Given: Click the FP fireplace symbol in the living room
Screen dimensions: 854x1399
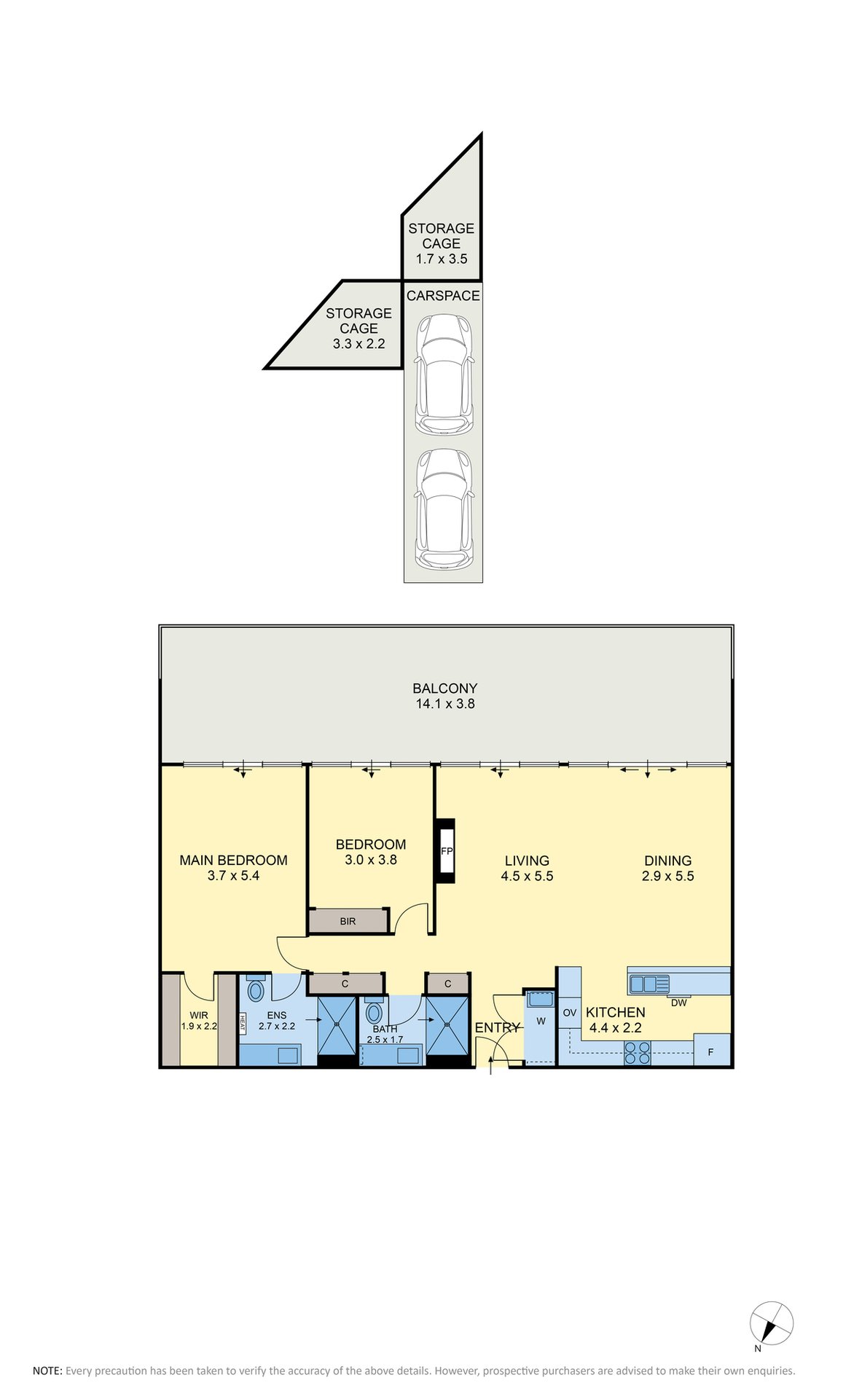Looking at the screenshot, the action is click(x=446, y=851).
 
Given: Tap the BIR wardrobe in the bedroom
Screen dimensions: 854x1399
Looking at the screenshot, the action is click(x=348, y=921).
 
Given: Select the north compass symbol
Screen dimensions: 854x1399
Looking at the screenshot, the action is click(x=771, y=1323).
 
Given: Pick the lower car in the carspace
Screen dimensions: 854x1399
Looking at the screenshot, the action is click(x=444, y=509).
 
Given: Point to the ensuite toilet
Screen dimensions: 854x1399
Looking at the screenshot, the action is click(x=256, y=989).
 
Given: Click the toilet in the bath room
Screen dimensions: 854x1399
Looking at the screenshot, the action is click(x=374, y=1011).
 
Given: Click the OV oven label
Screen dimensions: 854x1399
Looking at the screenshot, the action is click(x=570, y=1013).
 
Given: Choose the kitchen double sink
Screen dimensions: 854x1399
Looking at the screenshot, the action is click(x=649, y=984).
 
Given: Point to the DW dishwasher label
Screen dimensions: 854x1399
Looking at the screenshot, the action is click(x=678, y=1003).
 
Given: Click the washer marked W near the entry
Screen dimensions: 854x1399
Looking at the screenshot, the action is click(x=541, y=1021).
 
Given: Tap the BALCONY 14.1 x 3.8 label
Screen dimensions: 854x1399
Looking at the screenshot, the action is click(x=444, y=696).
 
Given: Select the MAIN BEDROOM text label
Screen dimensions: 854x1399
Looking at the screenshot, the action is click(x=233, y=861).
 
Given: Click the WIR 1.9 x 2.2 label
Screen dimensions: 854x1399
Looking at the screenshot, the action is click(x=199, y=1021).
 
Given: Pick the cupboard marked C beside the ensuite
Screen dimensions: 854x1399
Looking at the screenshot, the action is click(x=345, y=984).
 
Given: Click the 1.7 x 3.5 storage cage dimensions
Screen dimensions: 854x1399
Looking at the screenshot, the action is click(x=442, y=259).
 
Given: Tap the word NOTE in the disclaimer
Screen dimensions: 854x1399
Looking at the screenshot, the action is click(x=47, y=1371).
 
